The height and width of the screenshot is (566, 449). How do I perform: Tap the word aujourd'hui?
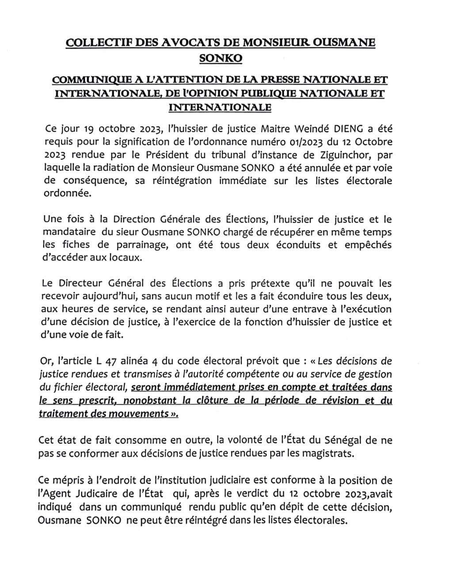[x=110, y=296]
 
